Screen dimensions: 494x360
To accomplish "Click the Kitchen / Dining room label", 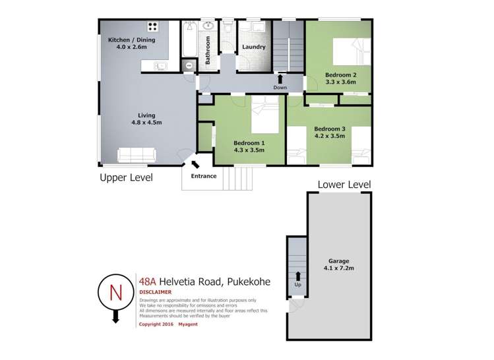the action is (131, 40).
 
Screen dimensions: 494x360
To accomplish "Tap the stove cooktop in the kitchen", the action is (152, 26).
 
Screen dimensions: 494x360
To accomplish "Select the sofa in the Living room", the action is (137, 155).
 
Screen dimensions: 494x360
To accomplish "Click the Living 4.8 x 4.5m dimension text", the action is (146, 123).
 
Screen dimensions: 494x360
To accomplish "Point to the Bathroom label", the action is (208, 50).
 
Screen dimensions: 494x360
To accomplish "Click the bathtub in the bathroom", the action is (189, 39).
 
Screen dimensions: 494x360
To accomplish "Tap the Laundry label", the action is (254, 47).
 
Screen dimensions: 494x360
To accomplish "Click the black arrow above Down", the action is (280, 79).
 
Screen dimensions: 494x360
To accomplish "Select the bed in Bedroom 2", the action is (352, 51).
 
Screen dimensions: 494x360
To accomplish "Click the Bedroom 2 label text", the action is (340, 75).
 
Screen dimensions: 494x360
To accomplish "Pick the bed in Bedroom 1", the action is (265, 115).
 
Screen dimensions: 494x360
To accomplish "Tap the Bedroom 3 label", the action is (330, 129).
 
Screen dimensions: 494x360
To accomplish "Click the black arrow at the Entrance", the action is (195, 164).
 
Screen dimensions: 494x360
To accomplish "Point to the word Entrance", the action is (204, 176).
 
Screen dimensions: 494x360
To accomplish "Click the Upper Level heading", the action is (126, 177).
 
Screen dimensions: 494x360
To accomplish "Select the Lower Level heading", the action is (344, 185).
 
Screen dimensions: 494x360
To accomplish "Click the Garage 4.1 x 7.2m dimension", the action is (339, 268).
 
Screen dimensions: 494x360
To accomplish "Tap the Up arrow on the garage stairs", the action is (297, 276).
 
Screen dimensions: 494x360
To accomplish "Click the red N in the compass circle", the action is (115, 293).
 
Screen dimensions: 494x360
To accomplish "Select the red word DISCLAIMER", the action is (155, 292).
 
